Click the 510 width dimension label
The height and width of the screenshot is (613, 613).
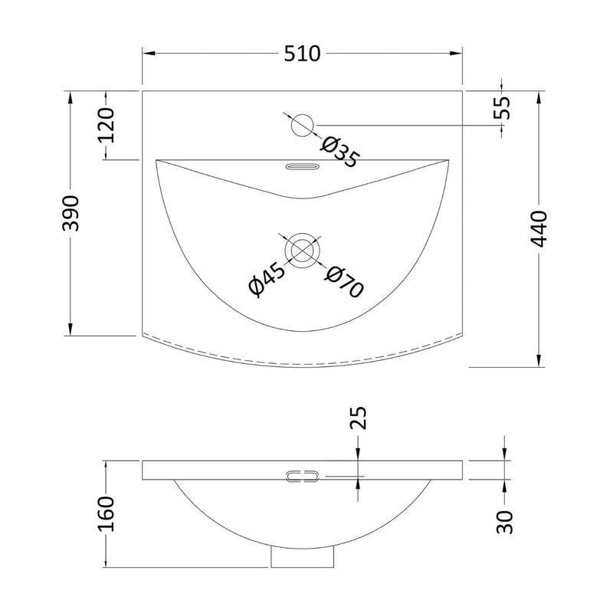click(x=302, y=54)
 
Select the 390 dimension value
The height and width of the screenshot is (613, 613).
click(x=70, y=213)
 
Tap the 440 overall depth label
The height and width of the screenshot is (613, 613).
click(x=539, y=229)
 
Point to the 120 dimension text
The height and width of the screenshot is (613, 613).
click(x=106, y=125)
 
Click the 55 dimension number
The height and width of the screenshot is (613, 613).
click(x=502, y=107)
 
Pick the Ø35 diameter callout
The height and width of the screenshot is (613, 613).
click(x=339, y=152)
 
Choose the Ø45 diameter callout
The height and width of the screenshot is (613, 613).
click(x=267, y=279)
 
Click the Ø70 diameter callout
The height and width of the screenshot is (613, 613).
click(x=344, y=280)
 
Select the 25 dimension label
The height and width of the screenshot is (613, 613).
click(x=359, y=418)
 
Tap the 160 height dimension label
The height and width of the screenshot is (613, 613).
click(x=106, y=513)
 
